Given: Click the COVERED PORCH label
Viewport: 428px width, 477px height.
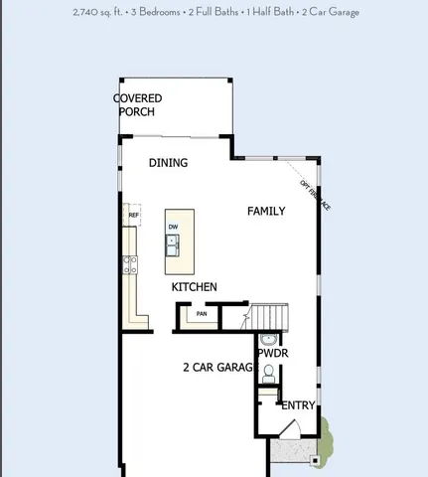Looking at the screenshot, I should [138, 104].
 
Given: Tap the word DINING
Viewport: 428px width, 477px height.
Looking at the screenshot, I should [168, 163].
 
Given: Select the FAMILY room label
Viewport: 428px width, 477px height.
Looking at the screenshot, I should [266, 211].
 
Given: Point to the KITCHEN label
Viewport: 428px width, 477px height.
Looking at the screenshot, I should [195, 287].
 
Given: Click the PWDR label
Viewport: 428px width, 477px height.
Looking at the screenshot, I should [272, 353].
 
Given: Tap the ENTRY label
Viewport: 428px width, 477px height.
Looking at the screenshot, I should [298, 405].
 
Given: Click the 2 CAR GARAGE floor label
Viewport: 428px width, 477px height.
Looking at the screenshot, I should [217, 368].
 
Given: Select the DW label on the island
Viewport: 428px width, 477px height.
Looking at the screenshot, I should [173, 227].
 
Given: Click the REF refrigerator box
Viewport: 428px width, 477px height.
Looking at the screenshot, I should [133, 215].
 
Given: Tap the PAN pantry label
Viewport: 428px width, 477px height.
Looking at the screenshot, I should [202, 314].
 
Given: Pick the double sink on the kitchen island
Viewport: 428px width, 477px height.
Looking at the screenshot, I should [173, 246].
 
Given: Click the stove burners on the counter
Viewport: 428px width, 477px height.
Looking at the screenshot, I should [129, 264].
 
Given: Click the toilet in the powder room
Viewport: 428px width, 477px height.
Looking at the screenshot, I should [269, 372].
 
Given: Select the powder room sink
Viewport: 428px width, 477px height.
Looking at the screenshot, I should [269, 340].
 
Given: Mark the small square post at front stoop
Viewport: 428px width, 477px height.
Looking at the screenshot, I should [316, 460].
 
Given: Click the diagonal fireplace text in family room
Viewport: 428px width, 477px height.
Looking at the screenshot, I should [315, 195].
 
